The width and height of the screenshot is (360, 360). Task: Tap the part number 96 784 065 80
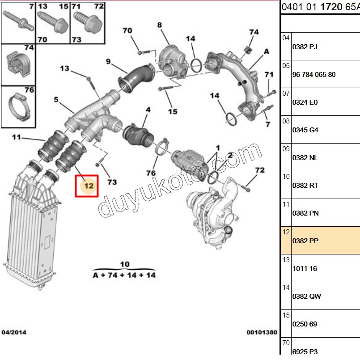313,74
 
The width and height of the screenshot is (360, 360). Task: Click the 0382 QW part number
306,296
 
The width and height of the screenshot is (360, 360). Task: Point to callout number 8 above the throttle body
160,25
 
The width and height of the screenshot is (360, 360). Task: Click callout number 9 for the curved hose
108,61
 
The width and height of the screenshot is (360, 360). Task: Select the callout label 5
56,100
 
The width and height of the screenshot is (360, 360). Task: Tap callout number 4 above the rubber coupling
148,109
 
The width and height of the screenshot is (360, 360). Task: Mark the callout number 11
17,137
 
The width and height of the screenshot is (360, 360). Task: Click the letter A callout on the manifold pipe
267,51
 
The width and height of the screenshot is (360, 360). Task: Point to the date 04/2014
14,332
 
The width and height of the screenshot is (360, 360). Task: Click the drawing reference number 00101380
262,332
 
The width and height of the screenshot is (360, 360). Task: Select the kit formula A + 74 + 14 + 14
124,275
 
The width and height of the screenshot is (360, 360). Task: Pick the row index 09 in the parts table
286,148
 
